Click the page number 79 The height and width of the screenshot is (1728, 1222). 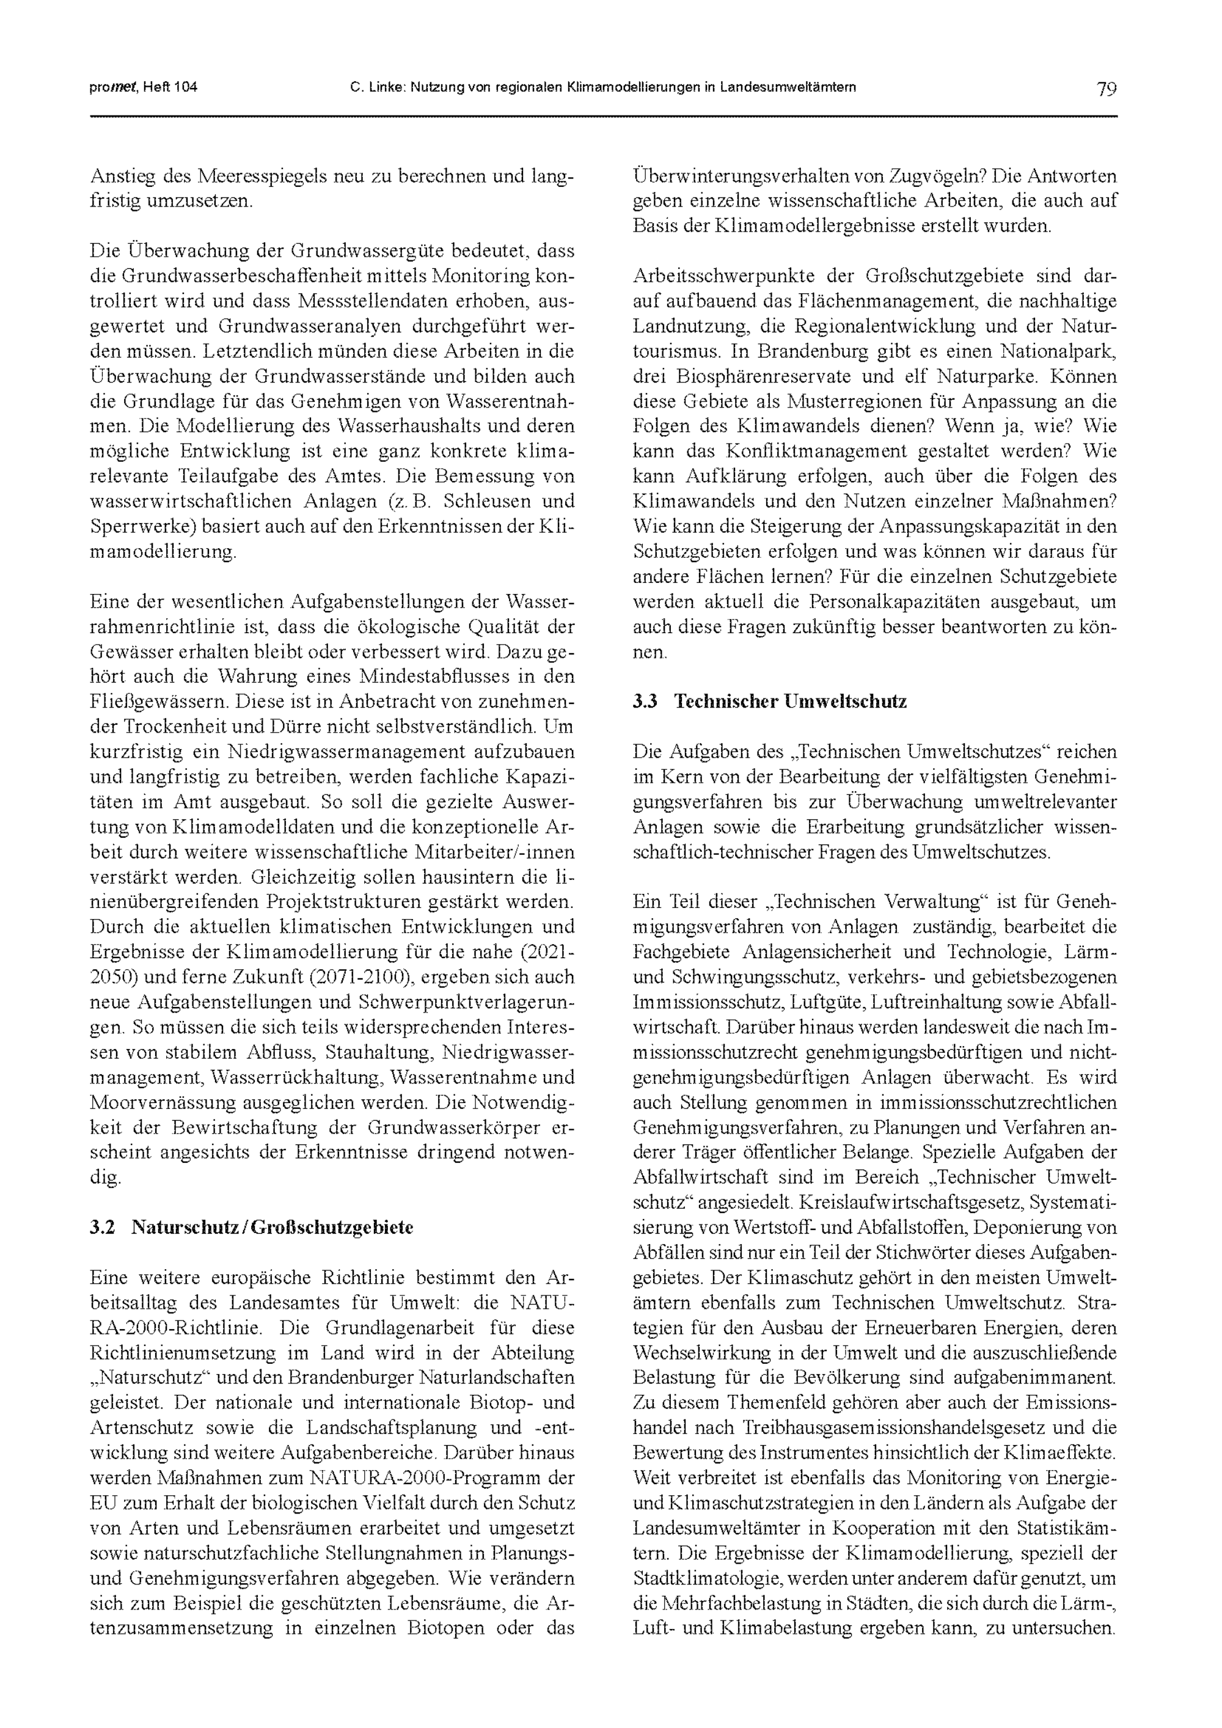[1106, 88]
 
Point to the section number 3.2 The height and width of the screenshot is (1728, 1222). [102, 1228]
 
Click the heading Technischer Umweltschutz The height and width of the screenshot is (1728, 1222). [790, 701]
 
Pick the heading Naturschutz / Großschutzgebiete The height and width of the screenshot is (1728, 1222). [273, 1228]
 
